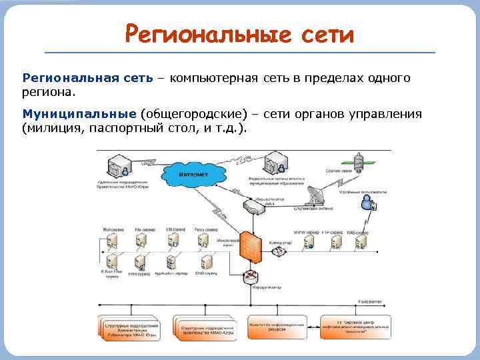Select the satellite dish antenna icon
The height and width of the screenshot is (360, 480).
click(x=313, y=195)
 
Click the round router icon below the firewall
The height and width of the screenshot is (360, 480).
click(x=251, y=277)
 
